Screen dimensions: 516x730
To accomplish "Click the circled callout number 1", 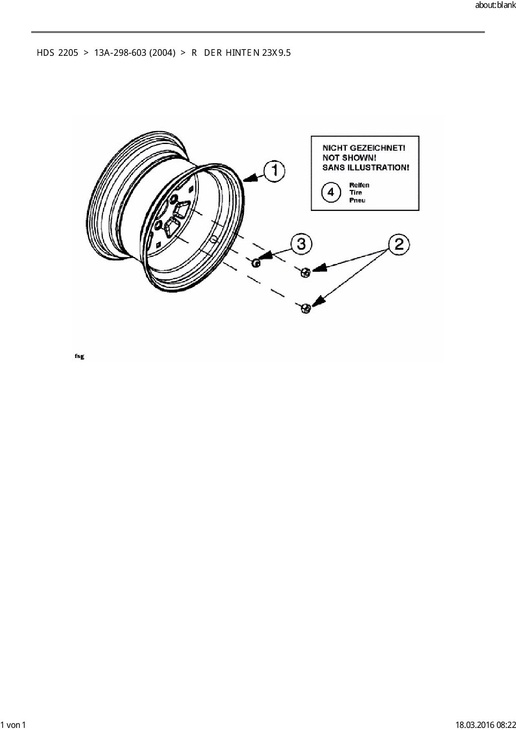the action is click(x=274, y=171).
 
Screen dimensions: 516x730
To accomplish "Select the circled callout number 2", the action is click(x=399, y=244).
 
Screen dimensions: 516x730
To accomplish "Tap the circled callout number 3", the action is click(x=301, y=244).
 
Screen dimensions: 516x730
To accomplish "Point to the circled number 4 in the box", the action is click(x=331, y=193).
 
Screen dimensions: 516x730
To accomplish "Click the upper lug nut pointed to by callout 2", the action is click(x=305, y=273).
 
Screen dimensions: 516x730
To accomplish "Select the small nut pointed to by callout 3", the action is click(x=256, y=263).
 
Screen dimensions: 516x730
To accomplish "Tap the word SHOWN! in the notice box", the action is click(x=359, y=158).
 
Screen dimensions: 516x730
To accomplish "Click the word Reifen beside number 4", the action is click(x=359, y=185).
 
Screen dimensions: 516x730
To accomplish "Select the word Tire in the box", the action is click(x=355, y=193).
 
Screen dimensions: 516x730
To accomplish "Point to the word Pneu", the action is click(x=357, y=200).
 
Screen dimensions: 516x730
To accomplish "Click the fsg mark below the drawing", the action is click(x=79, y=356).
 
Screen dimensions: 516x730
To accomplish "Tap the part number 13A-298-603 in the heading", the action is click(x=120, y=53).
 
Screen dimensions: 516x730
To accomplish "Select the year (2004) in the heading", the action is click(x=162, y=53).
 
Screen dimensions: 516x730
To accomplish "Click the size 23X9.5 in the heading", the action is click(x=276, y=53).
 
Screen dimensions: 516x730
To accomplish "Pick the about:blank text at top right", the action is click(x=495, y=6).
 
